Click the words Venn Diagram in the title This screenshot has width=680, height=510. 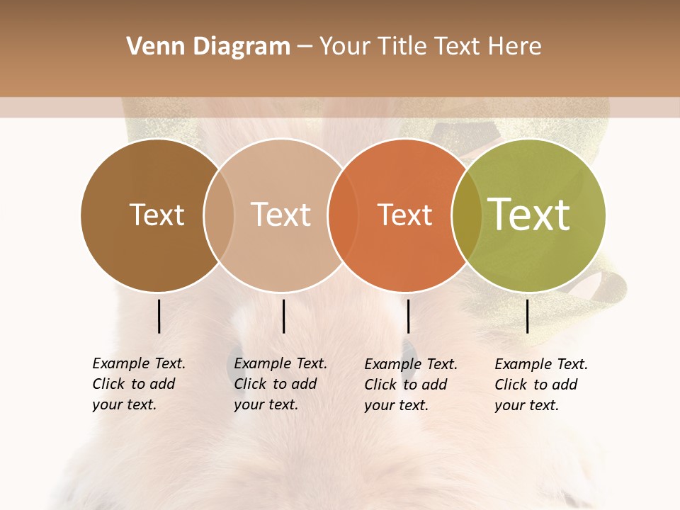coord(208,47)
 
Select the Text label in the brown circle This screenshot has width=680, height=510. coord(157,215)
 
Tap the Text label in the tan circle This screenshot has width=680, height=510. coord(280,215)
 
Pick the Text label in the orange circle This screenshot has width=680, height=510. coord(404,215)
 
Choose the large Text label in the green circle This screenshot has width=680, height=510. coord(529,214)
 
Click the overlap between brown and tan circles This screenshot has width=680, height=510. coord(219,215)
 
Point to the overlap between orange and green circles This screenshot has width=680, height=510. coord(467,215)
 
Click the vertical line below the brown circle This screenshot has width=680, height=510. coord(159,316)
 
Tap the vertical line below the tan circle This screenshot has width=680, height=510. coord(283,316)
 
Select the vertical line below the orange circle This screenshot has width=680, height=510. coord(408,316)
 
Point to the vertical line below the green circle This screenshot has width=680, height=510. coord(527,316)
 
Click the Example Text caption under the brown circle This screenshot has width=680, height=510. coord(139,363)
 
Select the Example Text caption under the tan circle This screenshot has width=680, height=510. coord(280,363)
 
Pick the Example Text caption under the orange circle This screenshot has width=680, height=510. coord(411,364)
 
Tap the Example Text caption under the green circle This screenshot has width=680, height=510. coord(541,364)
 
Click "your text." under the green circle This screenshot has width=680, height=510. coord(526,405)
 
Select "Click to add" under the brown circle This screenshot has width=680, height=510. coord(133,384)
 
